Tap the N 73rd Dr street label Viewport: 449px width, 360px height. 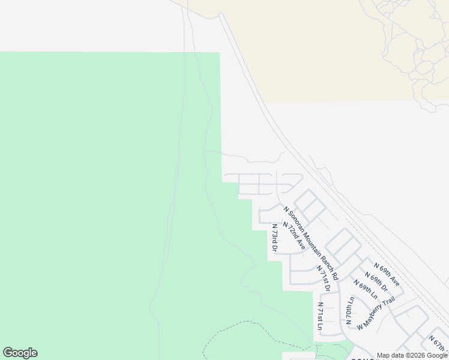[274, 238]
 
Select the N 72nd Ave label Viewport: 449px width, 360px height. [294, 236]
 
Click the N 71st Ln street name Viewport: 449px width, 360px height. [321, 317]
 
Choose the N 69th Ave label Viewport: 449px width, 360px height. [387, 274]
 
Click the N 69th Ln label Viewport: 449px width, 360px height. [366, 290]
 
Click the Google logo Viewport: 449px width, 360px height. [20, 353]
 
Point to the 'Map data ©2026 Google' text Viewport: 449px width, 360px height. [412, 355]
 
